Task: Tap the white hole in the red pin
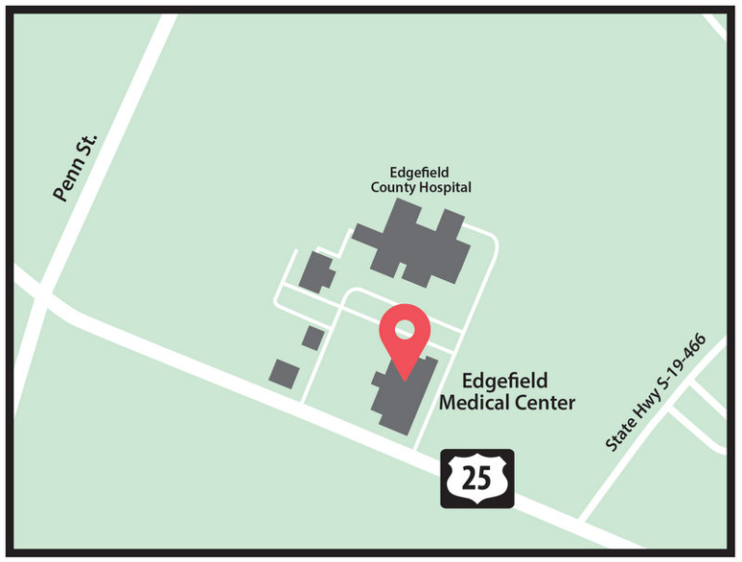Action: pos(404,329)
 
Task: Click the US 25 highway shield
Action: pos(477,478)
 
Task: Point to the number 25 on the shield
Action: pos(477,478)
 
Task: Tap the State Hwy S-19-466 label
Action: pos(656,393)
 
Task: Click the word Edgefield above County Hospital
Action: pos(420,173)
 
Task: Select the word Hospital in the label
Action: pos(445,187)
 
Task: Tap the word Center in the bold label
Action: pos(545,402)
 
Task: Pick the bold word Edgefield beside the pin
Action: pos(505,379)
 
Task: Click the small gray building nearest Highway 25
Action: pos(284,373)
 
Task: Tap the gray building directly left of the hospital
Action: pos(316,272)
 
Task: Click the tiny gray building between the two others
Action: pos(312,337)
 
